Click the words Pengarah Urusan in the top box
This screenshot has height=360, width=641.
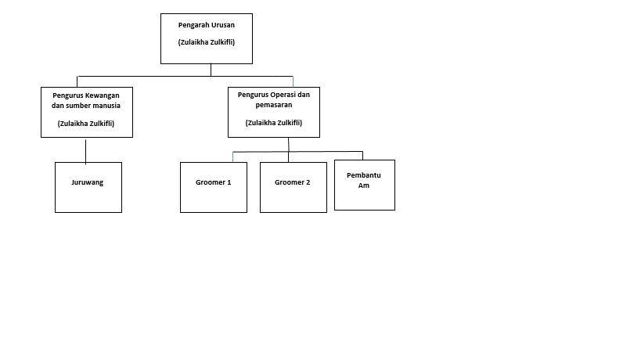207,25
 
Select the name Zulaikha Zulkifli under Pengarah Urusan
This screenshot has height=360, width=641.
207,42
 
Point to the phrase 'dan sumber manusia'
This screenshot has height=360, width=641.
86,106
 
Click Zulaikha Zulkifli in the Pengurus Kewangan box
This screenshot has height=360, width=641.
86,124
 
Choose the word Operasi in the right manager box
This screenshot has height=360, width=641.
281,95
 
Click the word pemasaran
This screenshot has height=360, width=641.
274,105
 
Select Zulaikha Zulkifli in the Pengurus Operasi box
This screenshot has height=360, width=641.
274,123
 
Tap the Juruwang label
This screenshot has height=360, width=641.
88,182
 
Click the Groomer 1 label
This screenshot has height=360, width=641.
214,182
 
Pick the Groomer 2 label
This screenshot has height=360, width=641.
292,182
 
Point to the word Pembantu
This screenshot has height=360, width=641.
364,175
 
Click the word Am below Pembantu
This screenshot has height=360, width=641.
364,185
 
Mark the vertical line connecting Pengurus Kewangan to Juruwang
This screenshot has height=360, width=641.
86,151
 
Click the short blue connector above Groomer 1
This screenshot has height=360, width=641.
233,157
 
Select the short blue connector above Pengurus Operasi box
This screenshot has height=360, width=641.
293,81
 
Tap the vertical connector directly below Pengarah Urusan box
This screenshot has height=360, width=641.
211,70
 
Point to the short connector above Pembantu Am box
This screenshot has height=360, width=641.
362,156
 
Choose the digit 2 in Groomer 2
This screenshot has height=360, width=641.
308,182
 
